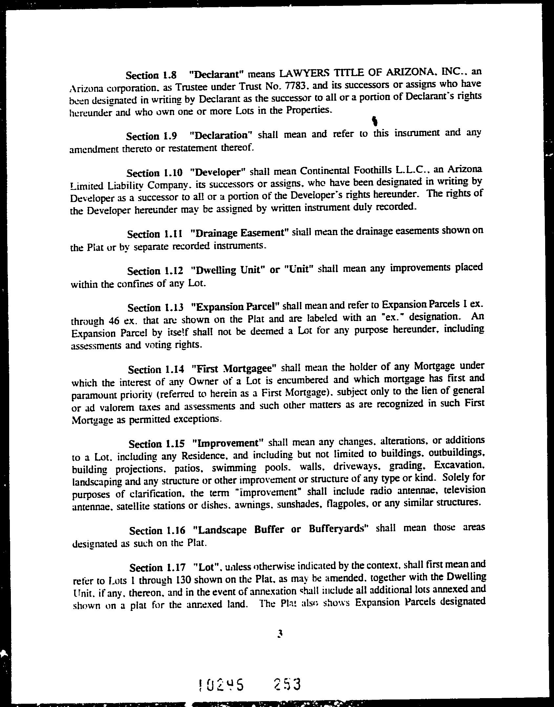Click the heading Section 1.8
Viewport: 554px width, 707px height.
[151, 75]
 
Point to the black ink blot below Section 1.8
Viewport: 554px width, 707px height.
[374, 121]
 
